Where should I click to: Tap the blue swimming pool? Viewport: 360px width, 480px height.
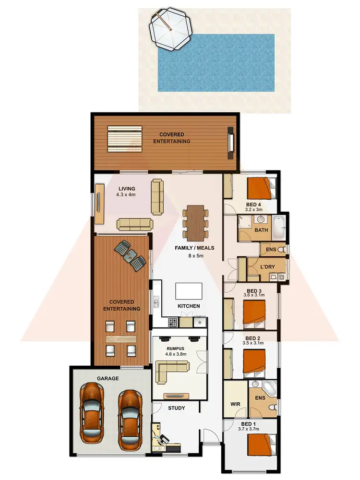216,62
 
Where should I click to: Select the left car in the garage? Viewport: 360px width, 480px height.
92,413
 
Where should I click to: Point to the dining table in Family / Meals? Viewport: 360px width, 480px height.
195,223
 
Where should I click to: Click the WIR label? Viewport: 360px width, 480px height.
235,404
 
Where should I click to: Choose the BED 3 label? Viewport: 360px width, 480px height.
254,291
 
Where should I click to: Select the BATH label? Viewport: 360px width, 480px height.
261,230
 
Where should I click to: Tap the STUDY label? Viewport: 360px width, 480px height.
177,408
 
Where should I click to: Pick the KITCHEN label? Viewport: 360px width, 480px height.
189,306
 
